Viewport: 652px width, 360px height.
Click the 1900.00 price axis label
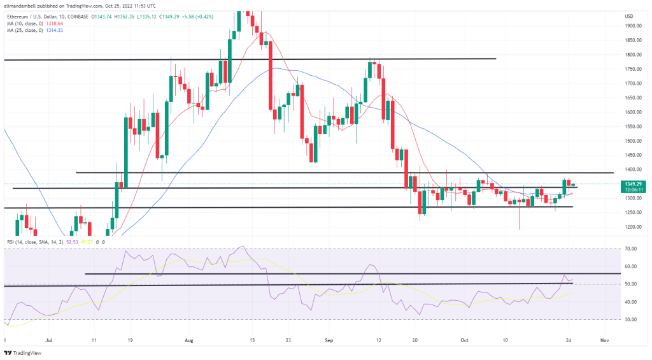(x=632, y=26)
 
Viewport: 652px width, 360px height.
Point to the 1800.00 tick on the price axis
(x=632, y=55)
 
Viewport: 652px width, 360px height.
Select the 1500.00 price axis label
(x=632, y=141)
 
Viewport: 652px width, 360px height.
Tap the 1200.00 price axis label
(x=632, y=227)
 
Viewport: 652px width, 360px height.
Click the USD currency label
(x=629, y=15)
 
